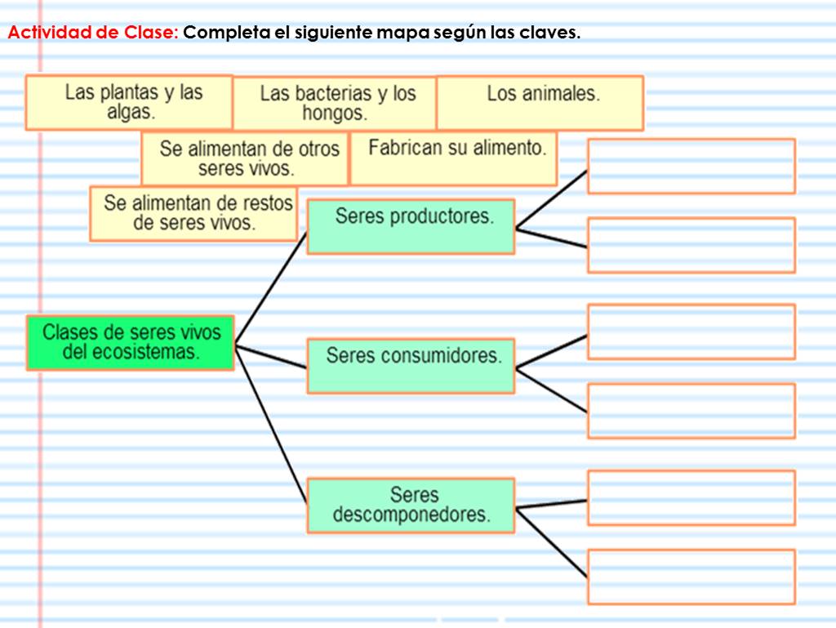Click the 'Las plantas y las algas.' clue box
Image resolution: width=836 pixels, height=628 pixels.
(x=129, y=102)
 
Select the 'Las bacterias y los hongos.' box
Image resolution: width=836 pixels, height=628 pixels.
(x=335, y=103)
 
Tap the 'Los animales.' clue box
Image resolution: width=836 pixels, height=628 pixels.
(x=540, y=102)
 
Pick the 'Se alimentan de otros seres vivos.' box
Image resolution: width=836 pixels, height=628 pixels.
(x=245, y=158)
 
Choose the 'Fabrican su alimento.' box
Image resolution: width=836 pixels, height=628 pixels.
(x=454, y=158)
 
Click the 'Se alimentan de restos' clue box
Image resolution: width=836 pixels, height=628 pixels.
(x=193, y=213)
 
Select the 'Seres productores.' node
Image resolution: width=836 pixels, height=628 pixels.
(x=411, y=226)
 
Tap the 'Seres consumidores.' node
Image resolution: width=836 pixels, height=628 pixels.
(x=411, y=365)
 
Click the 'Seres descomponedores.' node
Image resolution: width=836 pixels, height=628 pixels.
(x=411, y=505)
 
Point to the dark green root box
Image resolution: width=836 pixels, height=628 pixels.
(x=130, y=343)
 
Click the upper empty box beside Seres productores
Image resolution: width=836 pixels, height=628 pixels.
(x=691, y=166)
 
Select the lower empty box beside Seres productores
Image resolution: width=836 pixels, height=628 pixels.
(x=691, y=245)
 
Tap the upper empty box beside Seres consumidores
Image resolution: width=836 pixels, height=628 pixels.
(x=691, y=332)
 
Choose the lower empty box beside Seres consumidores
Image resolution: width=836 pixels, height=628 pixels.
(x=691, y=411)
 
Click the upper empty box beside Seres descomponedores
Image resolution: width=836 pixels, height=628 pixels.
(x=691, y=497)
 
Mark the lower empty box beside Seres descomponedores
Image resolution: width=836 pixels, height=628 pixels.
(x=691, y=577)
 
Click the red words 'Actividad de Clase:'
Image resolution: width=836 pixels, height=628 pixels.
(x=92, y=33)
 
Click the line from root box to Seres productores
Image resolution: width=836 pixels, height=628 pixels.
(x=271, y=287)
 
